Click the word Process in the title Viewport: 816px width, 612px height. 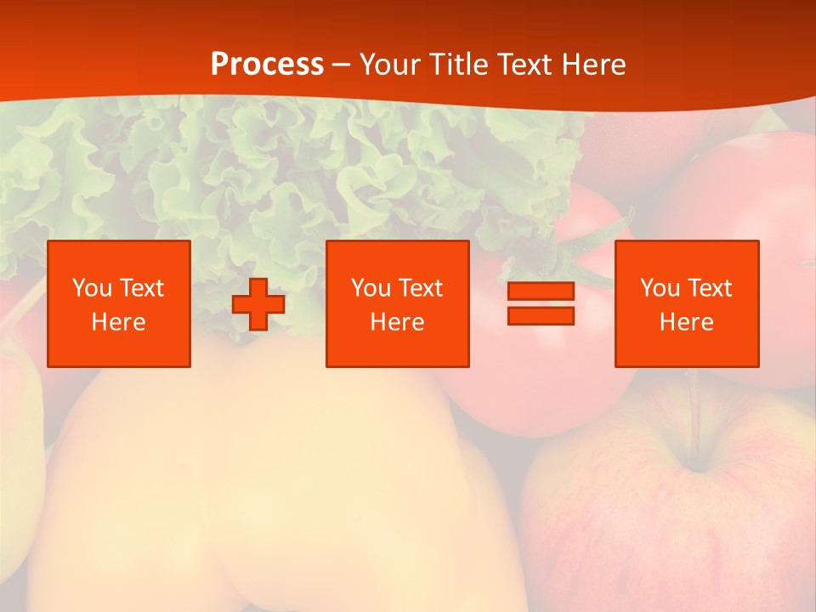click(267, 65)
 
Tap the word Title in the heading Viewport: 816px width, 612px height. click(458, 65)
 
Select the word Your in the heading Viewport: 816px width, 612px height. click(392, 65)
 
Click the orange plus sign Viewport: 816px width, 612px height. click(258, 304)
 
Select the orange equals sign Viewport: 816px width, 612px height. click(541, 303)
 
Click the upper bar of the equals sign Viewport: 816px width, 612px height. click(541, 292)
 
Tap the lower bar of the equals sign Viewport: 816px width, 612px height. click(541, 315)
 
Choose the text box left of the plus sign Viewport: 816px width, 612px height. click(119, 303)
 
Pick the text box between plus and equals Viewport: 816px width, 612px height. click(398, 303)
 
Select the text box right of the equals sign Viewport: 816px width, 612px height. click(687, 303)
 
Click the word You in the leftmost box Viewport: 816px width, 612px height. click(90, 287)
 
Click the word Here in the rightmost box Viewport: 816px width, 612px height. click(687, 322)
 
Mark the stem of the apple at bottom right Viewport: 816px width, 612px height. click(696, 421)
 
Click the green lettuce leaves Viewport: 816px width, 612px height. click(255, 170)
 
